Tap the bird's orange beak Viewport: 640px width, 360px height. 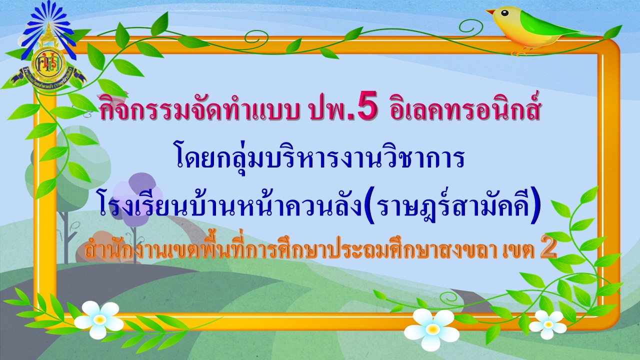491,12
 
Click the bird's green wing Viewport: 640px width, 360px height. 543,24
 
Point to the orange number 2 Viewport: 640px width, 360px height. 548,250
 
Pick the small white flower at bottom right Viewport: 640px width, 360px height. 547,324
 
